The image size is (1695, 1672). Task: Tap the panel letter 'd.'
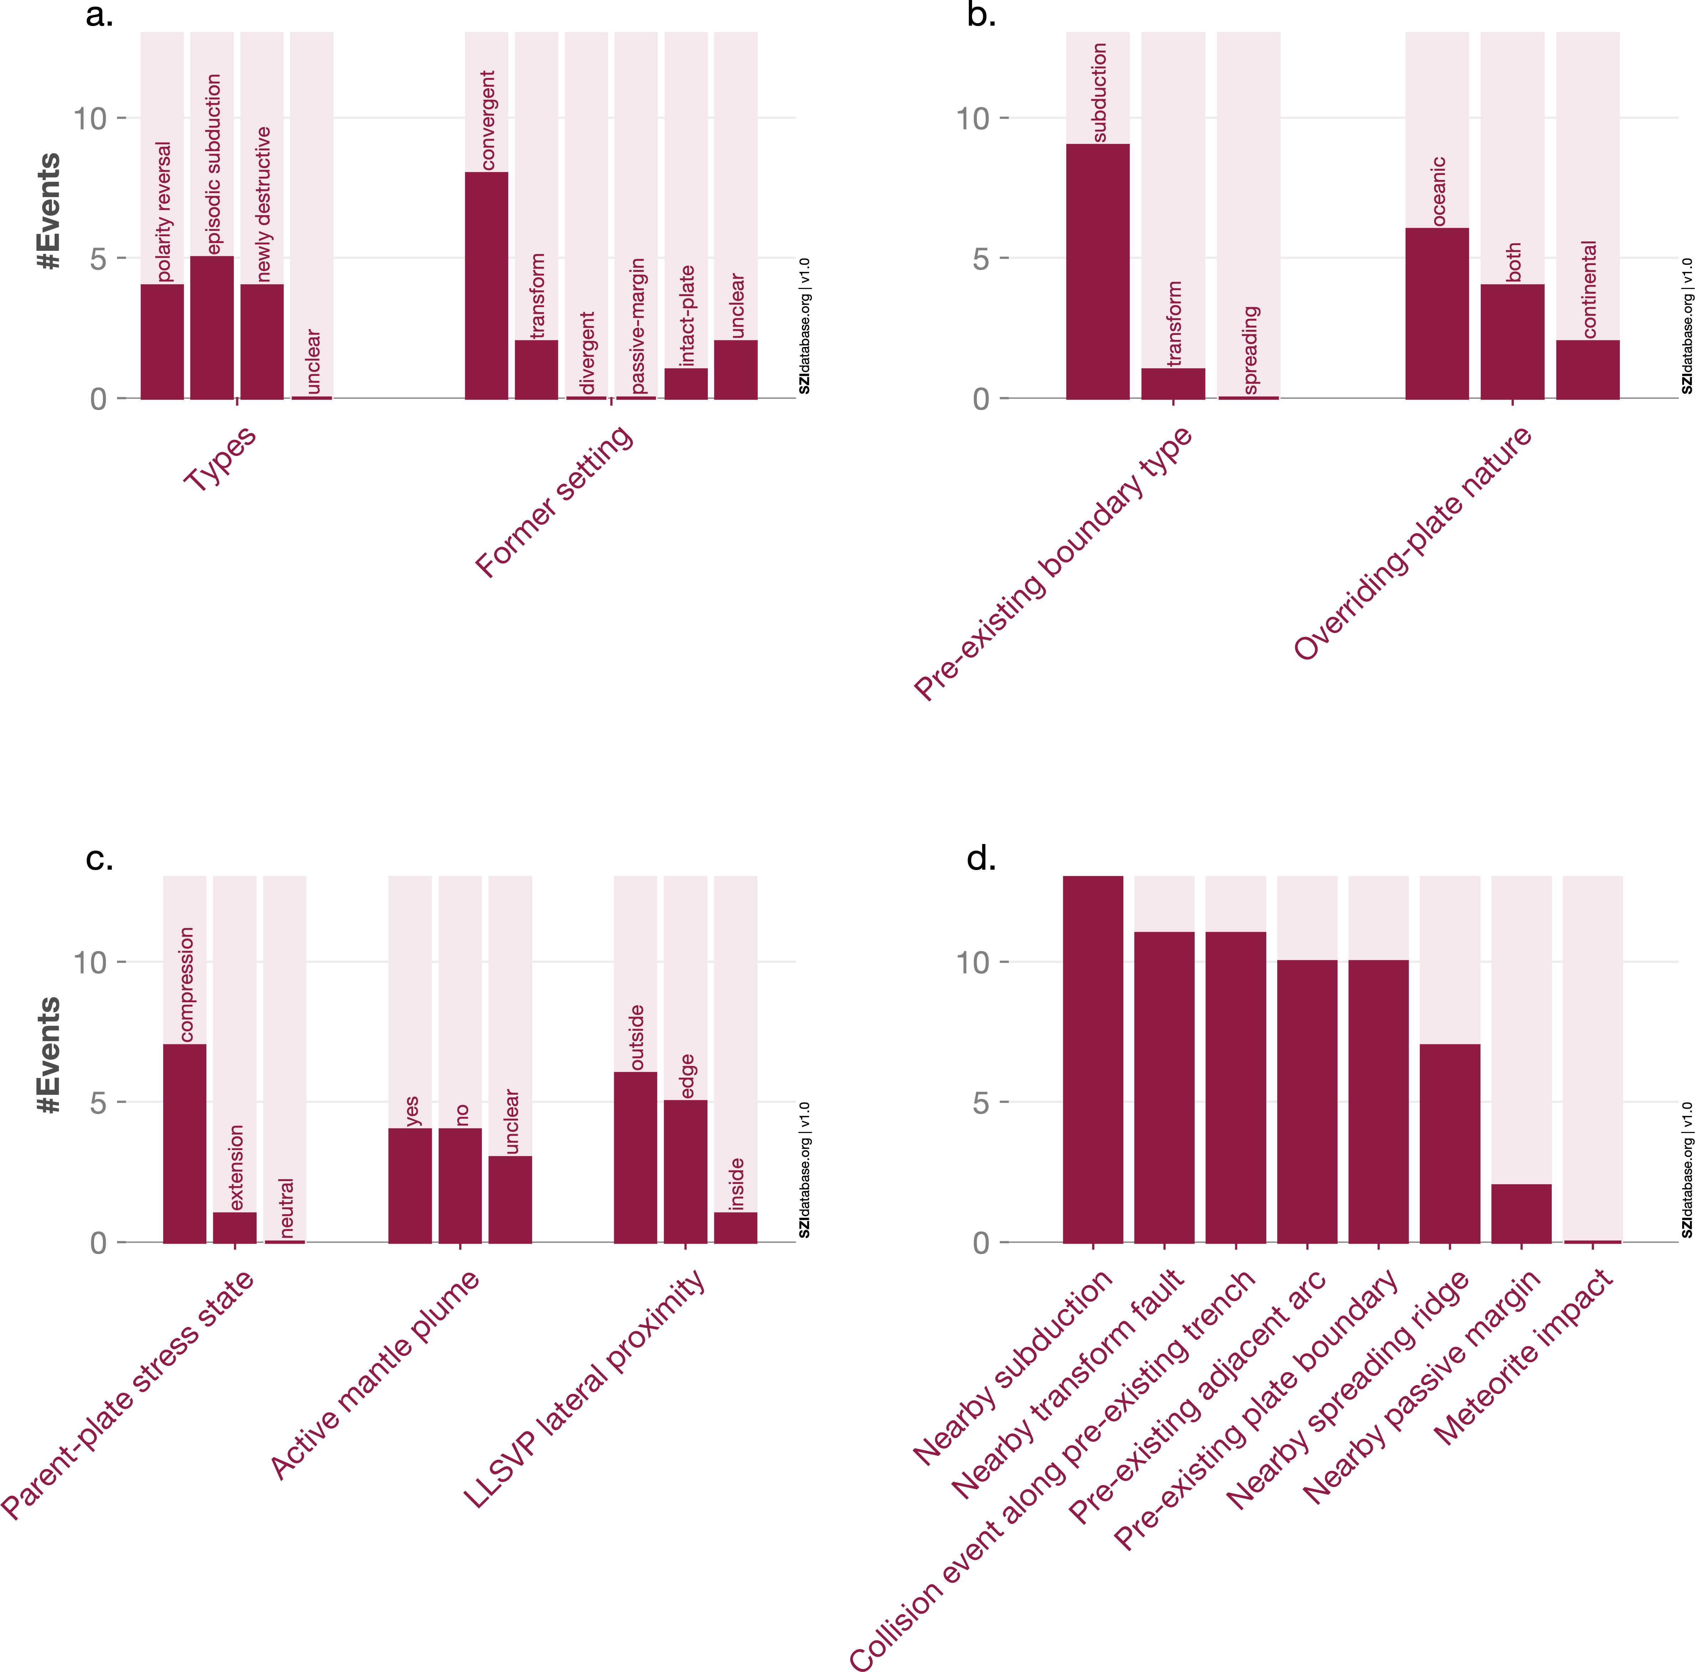pos(981,858)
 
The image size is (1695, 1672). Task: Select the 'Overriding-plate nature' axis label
pos(1412,541)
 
